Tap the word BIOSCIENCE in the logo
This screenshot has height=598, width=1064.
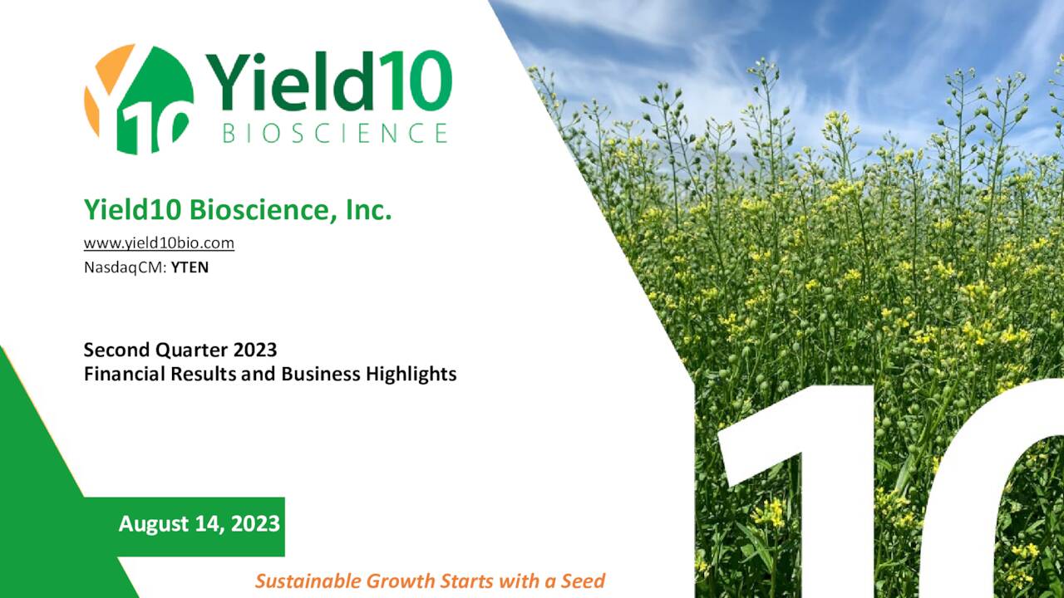(x=335, y=133)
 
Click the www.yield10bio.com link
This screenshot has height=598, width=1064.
(x=159, y=243)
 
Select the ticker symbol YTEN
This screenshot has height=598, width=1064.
(x=190, y=267)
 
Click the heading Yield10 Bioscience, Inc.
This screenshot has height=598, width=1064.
(x=237, y=210)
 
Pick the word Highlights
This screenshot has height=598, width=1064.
(x=411, y=374)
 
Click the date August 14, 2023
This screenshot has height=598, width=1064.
(x=199, y=524)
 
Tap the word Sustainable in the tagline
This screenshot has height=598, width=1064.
(x=308, y=581)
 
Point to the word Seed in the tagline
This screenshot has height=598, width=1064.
(x=583, y=581)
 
